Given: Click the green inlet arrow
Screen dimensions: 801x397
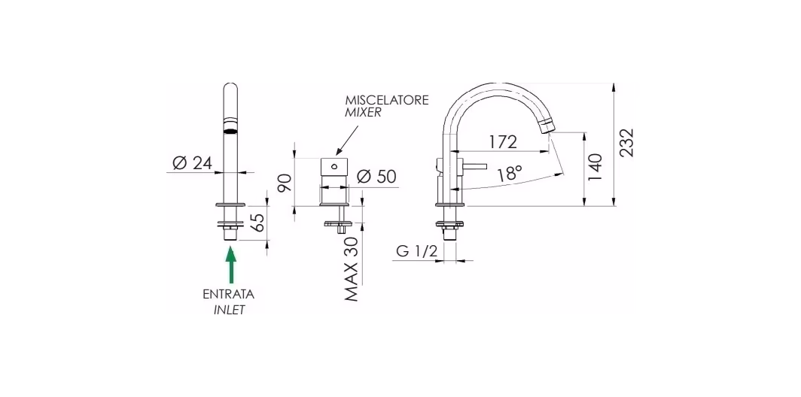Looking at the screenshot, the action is pos(231,265).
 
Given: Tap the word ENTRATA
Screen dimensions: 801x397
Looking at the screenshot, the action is pos(229,295).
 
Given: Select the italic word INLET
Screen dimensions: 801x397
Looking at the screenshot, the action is pos(230,311).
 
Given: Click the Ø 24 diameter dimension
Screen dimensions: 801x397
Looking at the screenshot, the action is pos(191,163).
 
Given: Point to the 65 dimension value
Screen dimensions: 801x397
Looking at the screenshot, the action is pos(259,223).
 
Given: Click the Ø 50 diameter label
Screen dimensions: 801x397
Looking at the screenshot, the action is pos(376,177).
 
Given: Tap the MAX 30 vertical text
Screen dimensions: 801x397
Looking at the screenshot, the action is pos(351,268).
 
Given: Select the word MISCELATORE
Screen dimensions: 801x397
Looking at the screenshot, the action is pos(387,101).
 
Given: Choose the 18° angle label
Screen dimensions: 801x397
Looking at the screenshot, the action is pos(510,175).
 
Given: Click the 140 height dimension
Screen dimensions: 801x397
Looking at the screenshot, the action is pos(595,168).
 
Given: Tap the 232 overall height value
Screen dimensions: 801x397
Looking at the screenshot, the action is pos(626,142).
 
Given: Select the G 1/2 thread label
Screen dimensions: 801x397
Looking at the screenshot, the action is pos(417,251).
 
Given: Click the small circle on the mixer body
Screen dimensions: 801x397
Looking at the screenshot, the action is pos(333,166).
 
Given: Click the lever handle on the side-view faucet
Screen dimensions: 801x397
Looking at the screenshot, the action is pos(474,166).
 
